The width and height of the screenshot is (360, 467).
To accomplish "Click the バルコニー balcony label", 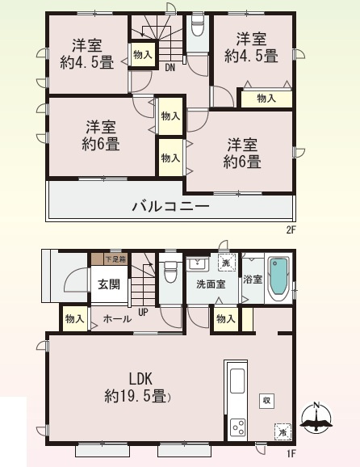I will point(170,207).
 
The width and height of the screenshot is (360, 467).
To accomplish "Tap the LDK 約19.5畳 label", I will point(135,387).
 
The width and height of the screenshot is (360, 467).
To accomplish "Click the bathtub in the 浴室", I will point(278,278).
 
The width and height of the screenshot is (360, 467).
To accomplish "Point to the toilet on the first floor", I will point(170,273).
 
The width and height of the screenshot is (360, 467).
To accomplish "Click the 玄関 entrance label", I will point(109,284).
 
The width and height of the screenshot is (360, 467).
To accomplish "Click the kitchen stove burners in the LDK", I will point(238,427).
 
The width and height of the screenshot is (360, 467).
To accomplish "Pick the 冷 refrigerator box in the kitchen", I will point(282,432).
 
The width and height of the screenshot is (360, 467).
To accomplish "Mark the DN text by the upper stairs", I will point(170,68).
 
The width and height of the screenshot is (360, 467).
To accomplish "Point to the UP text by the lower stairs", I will point(143,311).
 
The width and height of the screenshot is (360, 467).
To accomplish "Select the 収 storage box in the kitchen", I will point(265,401).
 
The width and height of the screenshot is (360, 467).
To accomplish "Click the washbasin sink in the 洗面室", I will point(196,264).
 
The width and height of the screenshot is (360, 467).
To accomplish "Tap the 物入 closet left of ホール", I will point(75,320).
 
